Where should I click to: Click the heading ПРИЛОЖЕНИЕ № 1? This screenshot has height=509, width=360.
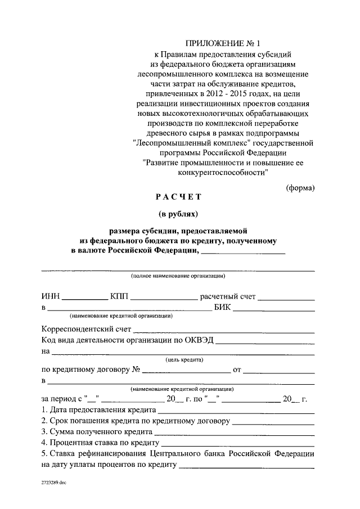pos(223,43)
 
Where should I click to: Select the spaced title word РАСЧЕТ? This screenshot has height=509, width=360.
pos(178,197)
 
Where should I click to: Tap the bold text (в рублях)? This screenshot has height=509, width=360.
pos(178,214)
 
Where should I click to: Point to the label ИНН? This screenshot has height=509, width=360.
pos(51,296)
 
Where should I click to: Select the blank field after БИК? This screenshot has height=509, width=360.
pos(274,309)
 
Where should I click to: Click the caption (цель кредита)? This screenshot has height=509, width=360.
pos(184,360)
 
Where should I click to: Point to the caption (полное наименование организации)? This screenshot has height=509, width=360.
pos(178,276)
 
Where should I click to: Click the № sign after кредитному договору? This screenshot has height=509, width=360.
pos(136,370)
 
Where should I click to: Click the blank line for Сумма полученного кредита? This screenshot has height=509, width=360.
pos(235,433)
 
